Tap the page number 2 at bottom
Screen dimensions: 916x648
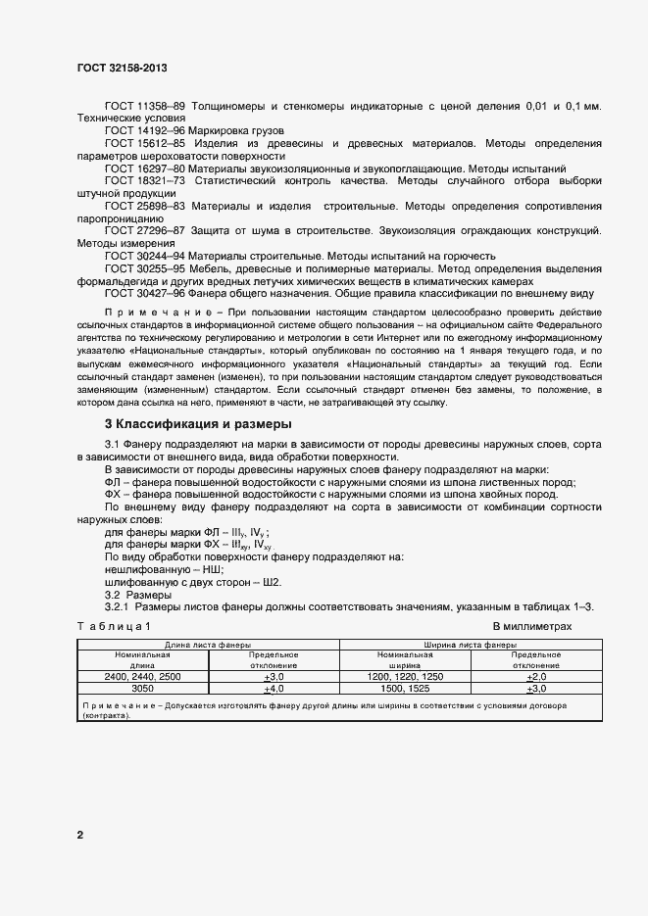pyautogui.click(x=79, y=835)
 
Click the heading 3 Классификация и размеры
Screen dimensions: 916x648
pyautogui.click(x=198, y=424)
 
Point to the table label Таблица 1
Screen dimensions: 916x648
pyautogui.click(x=114, y=625)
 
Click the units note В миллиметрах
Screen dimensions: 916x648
pyautogui.click(x=531, y=625)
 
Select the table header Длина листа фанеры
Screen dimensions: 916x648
pyautogui.click(x=207, y=646)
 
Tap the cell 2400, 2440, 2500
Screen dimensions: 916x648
pyautogui.click(x=142, y=677)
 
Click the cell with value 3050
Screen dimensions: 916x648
pyautogui.click(x=142, y=689)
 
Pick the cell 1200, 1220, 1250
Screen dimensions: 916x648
pyautogui.click(x=404, y=677)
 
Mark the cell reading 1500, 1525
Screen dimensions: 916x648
pyautogui.click(x=404, y=689)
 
